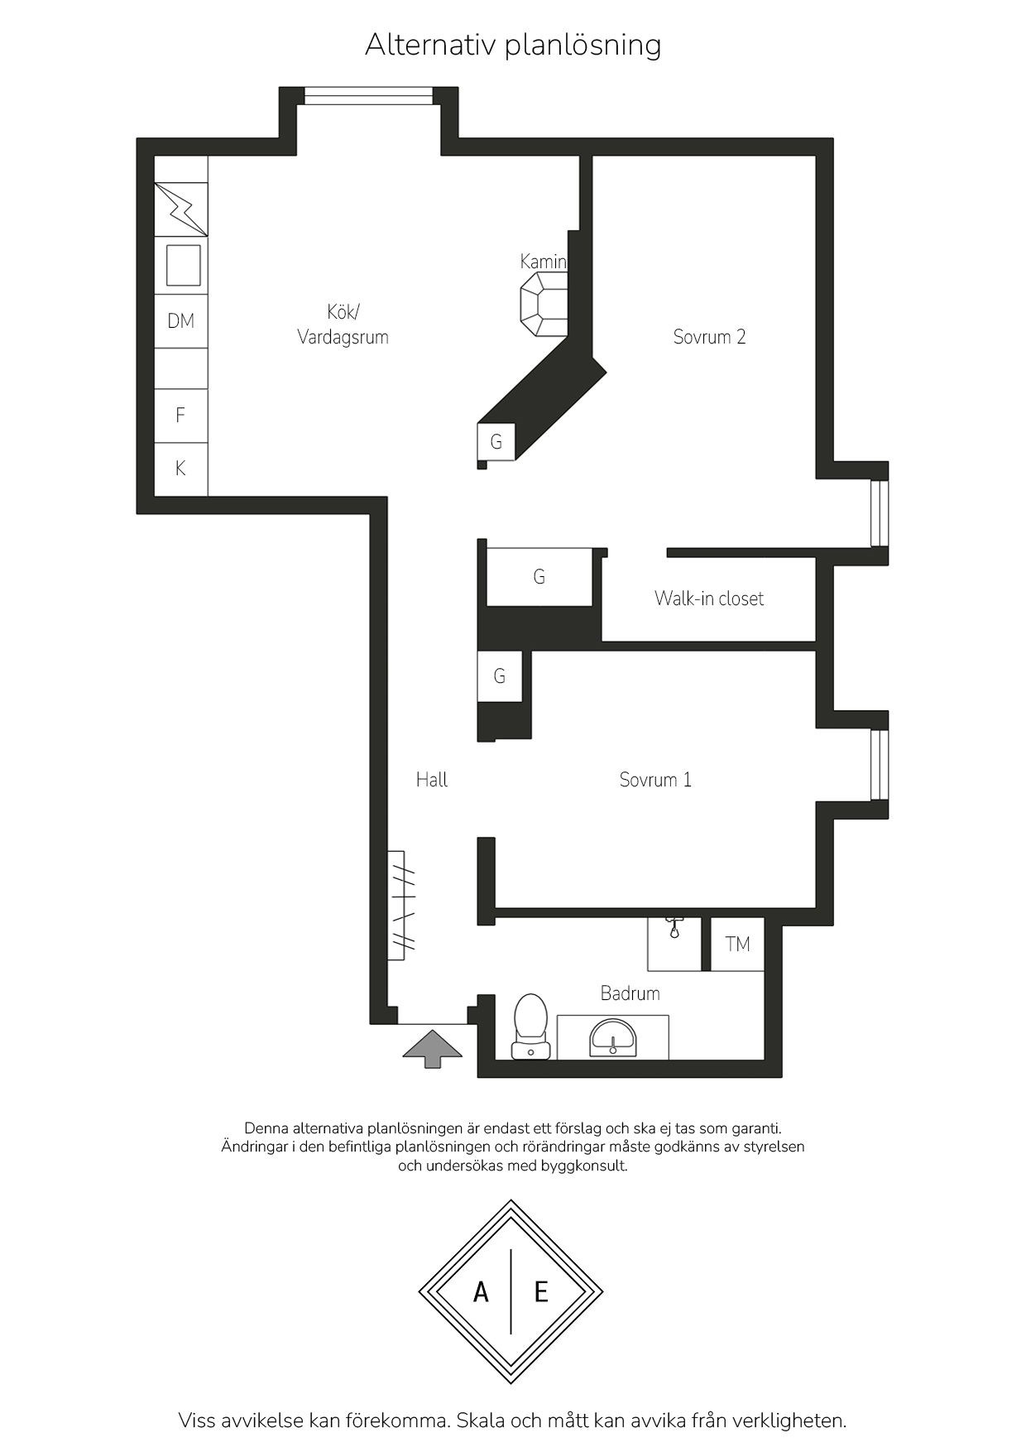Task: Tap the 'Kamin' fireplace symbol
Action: coord(544,305)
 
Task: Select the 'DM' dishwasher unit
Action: coord(181,321)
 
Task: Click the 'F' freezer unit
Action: coord(181,416)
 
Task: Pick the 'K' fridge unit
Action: coord(181,469)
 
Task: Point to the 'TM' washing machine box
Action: coord(737,944)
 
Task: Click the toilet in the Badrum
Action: coord(530,1026)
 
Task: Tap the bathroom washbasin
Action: coord(612,1038)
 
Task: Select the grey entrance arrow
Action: coord(433,1048)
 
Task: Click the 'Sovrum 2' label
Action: coord(709,337)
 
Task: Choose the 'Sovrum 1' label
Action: coord(655,780)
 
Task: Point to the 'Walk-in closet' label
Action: coord(709,599)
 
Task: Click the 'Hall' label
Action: coord(432,779)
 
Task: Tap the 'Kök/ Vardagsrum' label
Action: coord(343,325)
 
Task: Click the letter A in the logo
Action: coord(481,1291)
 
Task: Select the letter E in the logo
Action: coord(542,1291)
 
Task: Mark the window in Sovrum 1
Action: coord(880,765)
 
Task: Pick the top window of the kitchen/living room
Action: coord(368,95)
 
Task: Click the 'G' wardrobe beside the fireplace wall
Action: coord(496,442)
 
